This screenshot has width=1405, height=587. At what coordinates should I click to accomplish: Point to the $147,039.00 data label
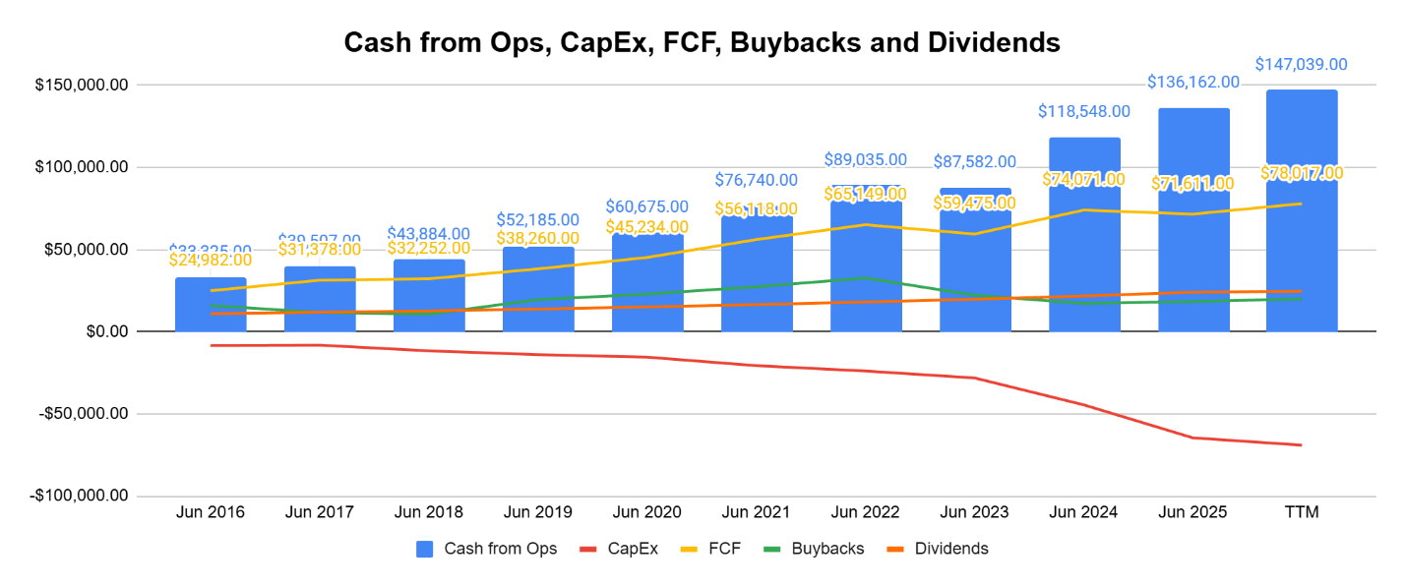click(x=1301, y=65)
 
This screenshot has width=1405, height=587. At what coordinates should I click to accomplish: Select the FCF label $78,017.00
click(x=1301, y=174)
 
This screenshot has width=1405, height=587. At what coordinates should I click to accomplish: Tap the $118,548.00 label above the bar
click(x=1084, y=112)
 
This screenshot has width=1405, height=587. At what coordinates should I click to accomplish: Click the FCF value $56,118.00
click(x=757, y=208)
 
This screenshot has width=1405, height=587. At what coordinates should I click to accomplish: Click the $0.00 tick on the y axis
click(x=102, y=331)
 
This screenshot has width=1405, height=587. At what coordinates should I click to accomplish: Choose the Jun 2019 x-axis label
click(x=537, y=512)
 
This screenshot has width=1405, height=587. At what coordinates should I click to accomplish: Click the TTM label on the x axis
click(x=1302, y=512)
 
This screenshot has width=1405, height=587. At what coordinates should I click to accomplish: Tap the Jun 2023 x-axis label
click(x=974, y=512)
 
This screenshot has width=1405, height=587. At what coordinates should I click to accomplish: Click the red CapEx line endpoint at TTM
click(x=1301, y=445)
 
